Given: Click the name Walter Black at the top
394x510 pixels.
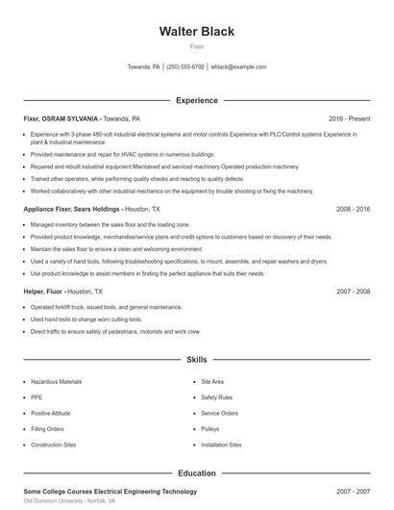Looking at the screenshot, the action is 196,31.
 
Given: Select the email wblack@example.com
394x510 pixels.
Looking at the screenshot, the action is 238,67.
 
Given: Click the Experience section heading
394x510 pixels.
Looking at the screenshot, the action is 196,100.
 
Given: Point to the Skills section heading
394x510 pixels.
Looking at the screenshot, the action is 196,360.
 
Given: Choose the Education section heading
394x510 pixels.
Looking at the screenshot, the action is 196,473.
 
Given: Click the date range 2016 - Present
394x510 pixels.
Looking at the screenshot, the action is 349,118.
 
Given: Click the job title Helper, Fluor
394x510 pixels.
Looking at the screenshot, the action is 43,291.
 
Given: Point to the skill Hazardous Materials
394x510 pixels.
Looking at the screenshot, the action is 57,382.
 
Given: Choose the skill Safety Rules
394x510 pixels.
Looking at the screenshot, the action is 216,397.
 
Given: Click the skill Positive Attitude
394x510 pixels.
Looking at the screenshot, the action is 51,413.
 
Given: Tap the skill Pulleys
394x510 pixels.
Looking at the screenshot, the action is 209,429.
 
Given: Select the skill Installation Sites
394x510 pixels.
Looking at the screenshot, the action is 221,445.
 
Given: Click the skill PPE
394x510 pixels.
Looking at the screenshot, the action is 37,397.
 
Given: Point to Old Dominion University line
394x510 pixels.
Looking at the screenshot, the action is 69,501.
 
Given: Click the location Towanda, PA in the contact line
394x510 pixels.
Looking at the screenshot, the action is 144,67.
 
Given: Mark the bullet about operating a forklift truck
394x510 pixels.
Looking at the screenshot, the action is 106,307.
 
